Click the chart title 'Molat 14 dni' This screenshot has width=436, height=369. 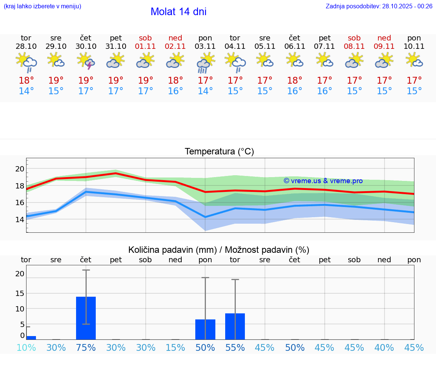tap(178, 12)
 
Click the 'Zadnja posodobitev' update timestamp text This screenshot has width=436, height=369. tap(379, 6)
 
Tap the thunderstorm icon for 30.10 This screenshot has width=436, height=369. tap(86, 61)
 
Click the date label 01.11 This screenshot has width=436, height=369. tap(145, 47)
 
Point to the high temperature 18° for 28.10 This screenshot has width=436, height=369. tap(26, 80)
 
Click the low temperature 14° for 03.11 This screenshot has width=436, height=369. tap(205, 91)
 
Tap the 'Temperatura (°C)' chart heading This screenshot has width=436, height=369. tap(219, 152)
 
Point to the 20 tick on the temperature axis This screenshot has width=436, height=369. tap(20, 169)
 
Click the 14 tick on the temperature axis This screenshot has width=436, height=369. tap(20, 220)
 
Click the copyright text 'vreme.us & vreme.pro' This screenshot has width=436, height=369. tap(323, 181)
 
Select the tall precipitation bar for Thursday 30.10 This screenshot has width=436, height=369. tap(86, 318)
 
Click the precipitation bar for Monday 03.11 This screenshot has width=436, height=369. tap(205, 329)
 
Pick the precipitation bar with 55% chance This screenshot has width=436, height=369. tap(235, 326)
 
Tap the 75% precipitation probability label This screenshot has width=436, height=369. tap(86, 348)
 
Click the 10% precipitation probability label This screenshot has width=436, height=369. tap(26, 348)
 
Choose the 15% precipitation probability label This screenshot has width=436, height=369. tap(175, 348)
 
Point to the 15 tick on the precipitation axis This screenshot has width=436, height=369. tap(20, 293)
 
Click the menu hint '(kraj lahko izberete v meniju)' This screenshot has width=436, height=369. tap(42, 6)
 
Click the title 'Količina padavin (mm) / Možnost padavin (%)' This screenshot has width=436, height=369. tap(219, 250)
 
